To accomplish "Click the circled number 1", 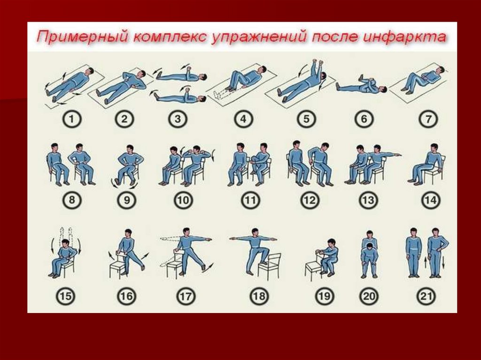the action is [x=72, y=119].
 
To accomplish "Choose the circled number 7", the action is [x=428, y=119].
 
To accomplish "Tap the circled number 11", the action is [x=250, y=200].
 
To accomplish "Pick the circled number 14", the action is [x=430, y=200].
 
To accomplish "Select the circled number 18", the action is [x=259, y=296].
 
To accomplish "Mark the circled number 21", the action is [x=426, y=296].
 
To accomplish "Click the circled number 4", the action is [x=243, y=119].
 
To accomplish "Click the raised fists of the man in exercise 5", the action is [x=318, y=63].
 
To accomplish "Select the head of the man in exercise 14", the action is [x=434, y=148].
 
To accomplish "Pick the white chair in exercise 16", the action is [x=117, y=264].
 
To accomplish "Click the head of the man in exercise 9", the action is [x=130, y=149].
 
